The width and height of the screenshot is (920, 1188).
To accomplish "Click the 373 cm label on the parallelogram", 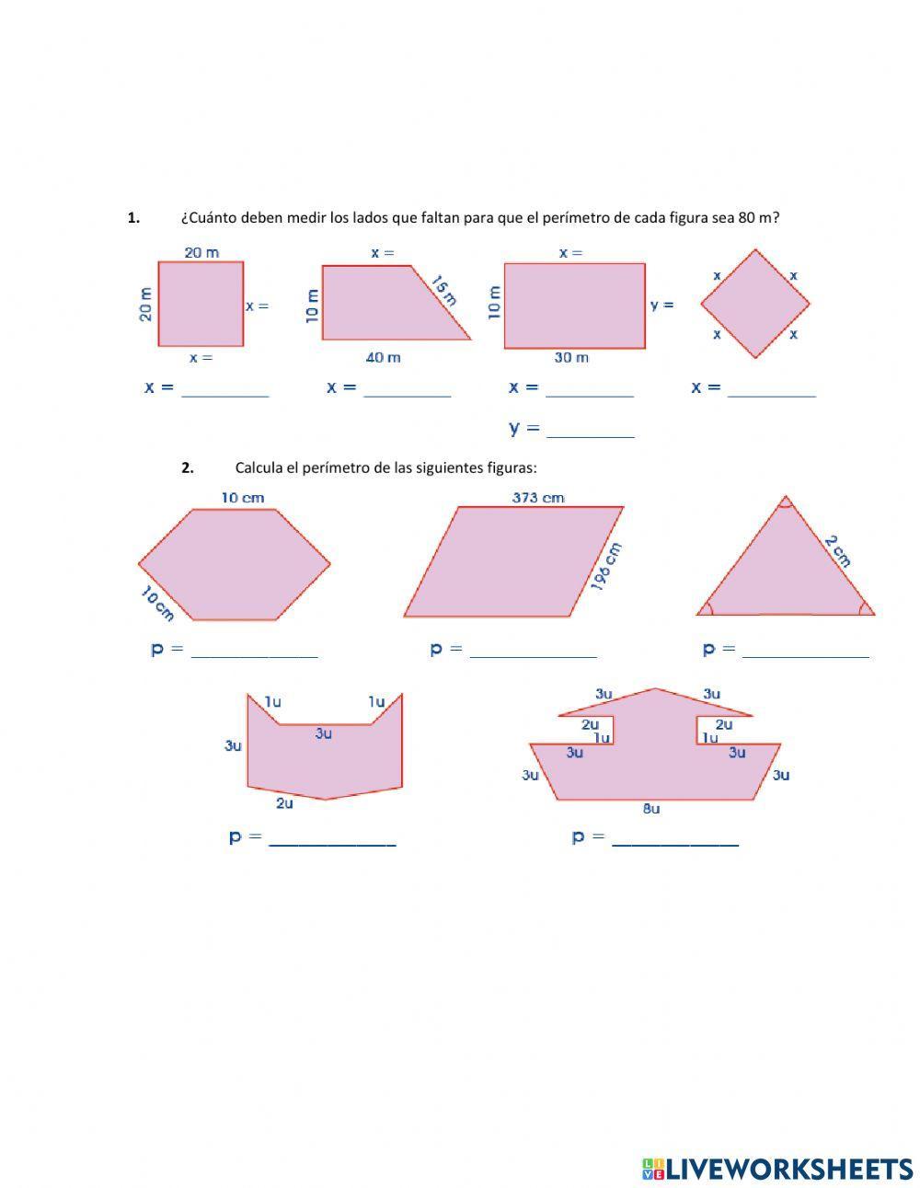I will point(537,498).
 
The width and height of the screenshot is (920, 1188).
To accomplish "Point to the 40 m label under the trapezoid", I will point(383,357).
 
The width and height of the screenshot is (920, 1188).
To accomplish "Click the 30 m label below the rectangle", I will point(570,357).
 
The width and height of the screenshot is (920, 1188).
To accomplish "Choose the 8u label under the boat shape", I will point(650,809).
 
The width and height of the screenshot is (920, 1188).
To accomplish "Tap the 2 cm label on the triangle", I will point(837,551).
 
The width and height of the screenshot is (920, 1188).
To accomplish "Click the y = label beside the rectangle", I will point(661,305).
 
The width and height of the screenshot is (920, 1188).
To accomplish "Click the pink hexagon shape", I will point(235,564).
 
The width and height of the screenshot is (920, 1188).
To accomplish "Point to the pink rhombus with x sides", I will point(755,304).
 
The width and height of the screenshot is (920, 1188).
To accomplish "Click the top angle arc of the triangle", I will point(785,502).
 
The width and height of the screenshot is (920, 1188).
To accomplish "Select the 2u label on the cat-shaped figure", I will point(284,803).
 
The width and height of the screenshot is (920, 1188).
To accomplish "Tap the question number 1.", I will point(133,218).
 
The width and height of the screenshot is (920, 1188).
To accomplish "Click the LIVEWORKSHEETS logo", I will point(776,1168).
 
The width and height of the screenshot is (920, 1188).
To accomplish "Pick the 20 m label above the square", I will point(201,252).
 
